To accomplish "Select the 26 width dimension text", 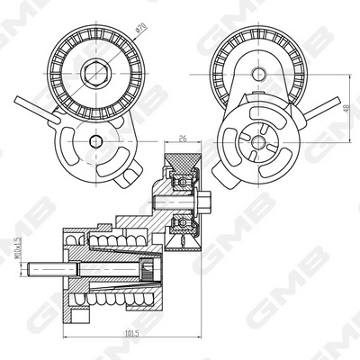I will pyautogui.click(x=184, y=139).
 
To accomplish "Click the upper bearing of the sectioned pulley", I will pyautogui.click(x=184, y=180).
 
